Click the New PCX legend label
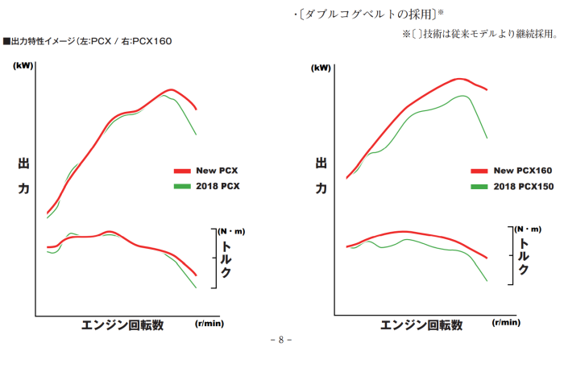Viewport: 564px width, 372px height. pyautogui.click(x=217, y=171)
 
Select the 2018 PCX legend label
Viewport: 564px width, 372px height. pyautogui.click(x=218, y=186)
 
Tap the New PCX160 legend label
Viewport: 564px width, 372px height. pyautogui.click(x=522, y=171)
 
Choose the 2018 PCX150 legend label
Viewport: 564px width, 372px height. pyautogui.click(x=523, y=186)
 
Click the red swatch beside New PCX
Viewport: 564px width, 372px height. pyautogui.click(x=182, y=171)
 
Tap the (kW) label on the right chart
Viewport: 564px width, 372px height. pyautogui.click(x=321, y=68)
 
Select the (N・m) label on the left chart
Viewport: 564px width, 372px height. pyautogui.click(x=231, y=232)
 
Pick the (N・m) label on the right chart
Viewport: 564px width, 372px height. pyautogui.click(x=529, y=229)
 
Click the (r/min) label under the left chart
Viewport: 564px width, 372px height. pyautogui.click(x=209, y=323)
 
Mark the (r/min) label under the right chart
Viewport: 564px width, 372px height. pyautogui.click(x=506, y=323)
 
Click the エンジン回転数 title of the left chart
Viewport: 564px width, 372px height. pyautogui.click(x=123, y=324)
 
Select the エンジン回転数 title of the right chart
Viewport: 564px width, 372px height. pyautogui.click(x=421, y=324)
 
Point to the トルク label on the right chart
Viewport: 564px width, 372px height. pyautogui.click(x=525, y=256)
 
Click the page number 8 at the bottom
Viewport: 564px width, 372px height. pyautogui.click(x=280, y=339)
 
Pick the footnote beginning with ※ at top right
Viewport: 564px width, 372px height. pyautogui.click(x=479, y=34)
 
